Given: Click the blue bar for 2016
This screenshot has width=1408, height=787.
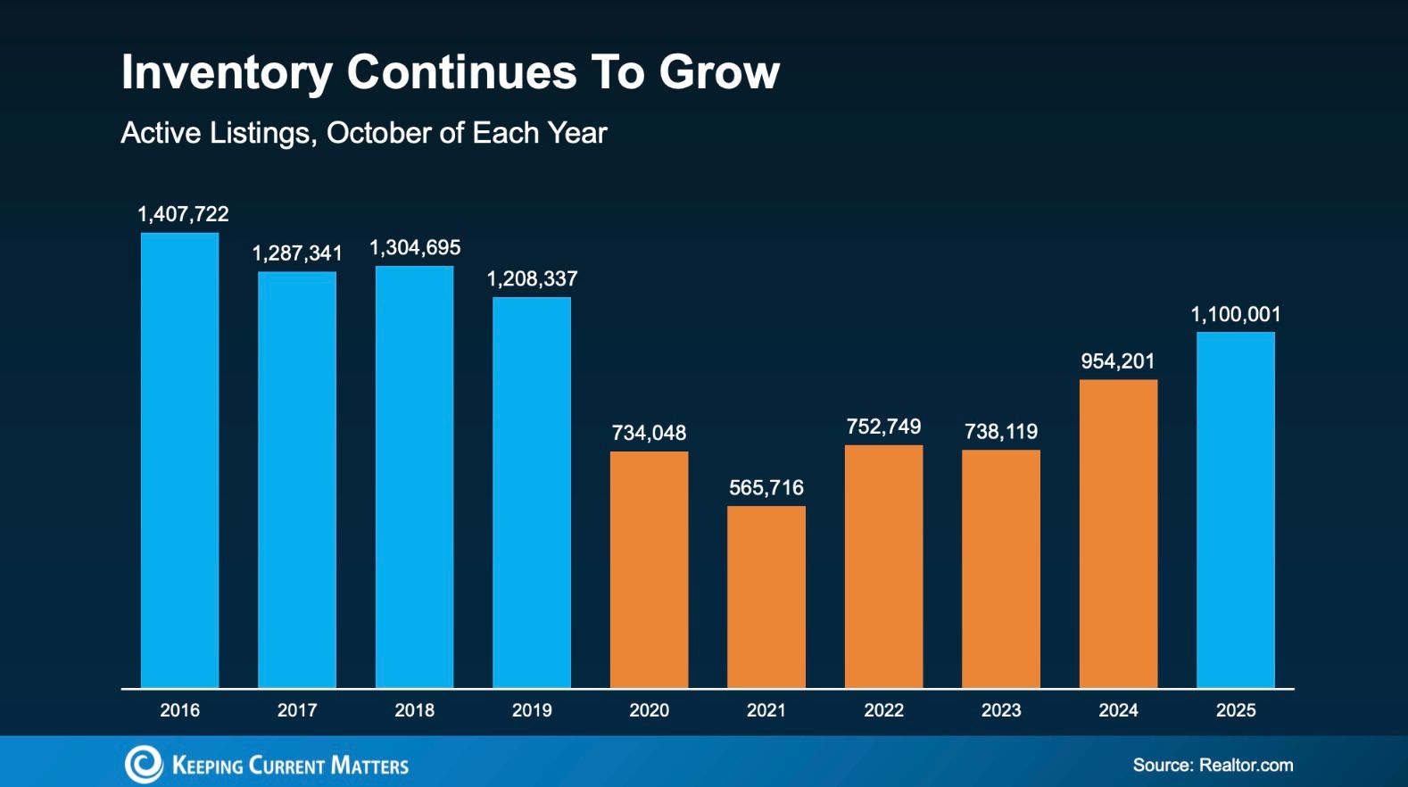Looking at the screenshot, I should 179,460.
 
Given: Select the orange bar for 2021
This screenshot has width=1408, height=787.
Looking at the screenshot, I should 766,596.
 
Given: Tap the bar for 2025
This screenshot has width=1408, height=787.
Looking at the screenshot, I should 1235,509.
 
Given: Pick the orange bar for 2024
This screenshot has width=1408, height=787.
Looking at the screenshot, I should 1118,533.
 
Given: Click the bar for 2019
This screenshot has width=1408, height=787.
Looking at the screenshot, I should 532,492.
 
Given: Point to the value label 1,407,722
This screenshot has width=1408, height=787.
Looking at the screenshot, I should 183,214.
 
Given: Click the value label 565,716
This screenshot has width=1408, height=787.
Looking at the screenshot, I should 766,487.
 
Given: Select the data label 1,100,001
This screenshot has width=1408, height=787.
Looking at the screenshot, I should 1235,314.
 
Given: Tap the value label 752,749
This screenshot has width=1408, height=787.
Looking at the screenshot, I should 883,427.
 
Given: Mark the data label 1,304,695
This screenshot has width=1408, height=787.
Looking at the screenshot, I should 415,247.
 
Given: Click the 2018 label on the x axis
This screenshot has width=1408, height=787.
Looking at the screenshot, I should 414,710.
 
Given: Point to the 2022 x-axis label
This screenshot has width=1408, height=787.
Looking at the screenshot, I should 883,710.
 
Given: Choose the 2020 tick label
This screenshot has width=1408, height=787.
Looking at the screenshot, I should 649,710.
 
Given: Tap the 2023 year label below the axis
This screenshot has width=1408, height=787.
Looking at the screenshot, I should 1001,710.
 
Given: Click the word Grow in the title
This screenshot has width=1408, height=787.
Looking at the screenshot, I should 719,72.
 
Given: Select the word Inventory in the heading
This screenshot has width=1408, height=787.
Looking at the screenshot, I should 226,72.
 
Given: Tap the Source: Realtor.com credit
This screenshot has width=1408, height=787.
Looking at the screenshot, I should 1213,765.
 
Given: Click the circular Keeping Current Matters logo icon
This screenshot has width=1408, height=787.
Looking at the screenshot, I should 143,765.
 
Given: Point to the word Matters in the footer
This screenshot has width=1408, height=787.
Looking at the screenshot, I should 369,766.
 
